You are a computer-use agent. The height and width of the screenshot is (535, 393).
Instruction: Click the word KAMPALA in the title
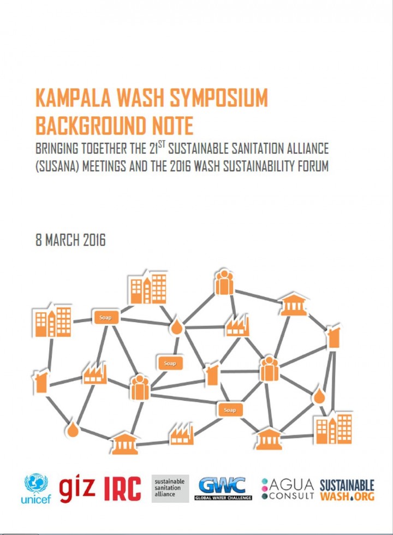(73, 98)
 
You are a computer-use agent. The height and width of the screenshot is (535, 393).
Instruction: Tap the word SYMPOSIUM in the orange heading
(219, 98)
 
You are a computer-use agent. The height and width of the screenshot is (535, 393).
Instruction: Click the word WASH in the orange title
(141, 98)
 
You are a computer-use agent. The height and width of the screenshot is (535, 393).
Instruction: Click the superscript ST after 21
(162, 144)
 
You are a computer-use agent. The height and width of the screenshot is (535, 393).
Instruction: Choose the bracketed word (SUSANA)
(57, 166)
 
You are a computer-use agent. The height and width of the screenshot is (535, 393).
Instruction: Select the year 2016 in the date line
(94, 240)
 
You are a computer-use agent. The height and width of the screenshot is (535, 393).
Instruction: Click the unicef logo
(36, 489)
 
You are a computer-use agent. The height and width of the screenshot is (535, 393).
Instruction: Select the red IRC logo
(122, 489)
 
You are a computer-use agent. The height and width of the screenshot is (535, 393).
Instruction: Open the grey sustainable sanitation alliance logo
(170, 489)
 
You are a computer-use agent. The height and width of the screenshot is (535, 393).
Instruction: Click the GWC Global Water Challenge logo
(223, 489)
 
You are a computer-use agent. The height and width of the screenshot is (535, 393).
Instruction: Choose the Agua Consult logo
(288, 489)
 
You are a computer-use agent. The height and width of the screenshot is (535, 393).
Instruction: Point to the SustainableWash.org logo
(347, 490)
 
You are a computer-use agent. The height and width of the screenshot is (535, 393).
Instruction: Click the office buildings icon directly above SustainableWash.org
(334, 429)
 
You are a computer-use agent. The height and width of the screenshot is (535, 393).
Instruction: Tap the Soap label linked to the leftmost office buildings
(105, 317)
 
